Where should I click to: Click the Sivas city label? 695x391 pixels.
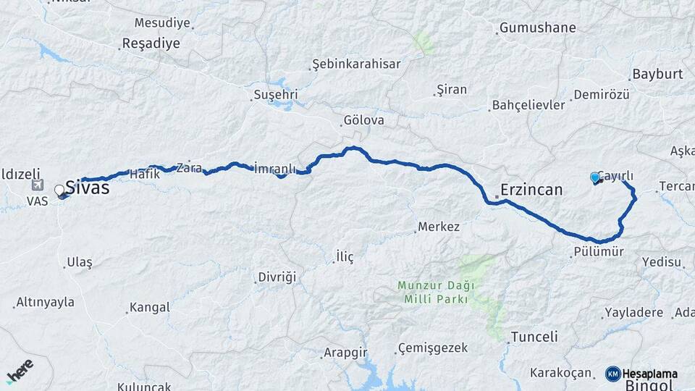[88, 188]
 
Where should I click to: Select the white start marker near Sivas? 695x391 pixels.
[59, 190]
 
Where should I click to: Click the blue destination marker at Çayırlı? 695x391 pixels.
[595, 177]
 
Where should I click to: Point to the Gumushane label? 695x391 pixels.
[537, 28]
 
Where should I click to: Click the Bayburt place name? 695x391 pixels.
[657, 74]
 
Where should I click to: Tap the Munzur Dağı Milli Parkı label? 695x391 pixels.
[432, 292]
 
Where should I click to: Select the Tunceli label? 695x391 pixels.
[534, 337]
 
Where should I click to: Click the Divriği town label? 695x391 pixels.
[279, 277]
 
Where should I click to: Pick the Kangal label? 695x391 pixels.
[150, 308]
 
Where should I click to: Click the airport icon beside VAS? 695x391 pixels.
[38, 185]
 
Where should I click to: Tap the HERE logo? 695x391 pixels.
[20, 369]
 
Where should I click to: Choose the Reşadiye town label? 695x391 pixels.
[152, 43]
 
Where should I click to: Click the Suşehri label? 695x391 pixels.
[277, 95]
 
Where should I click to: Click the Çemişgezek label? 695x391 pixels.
[434, 348]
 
